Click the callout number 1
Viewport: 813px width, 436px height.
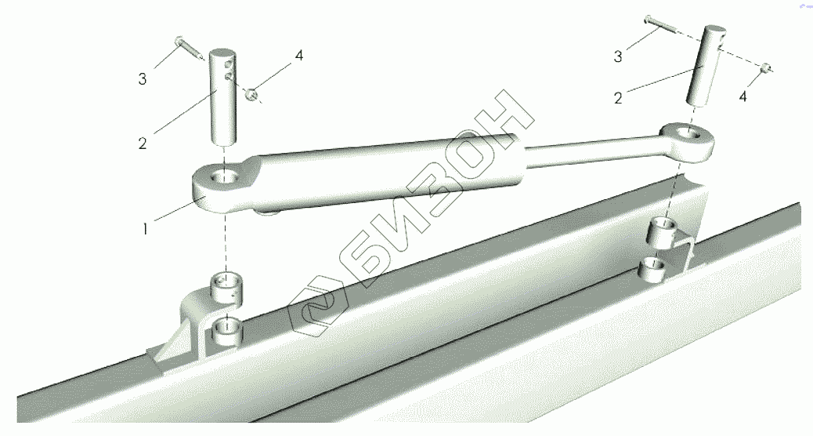click(x=145, y=228)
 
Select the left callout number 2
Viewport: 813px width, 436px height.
click(x=143, y=144)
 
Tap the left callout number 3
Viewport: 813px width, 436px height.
click(x=142, y=79)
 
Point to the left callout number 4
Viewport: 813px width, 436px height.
click(x=299, y=56)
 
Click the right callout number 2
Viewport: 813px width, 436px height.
click(x=617, y=97)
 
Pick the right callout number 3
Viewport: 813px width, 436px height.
click(x=617, y=56)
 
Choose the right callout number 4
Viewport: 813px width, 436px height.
click(x=743, y=96)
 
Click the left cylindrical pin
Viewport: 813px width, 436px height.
click(x=223, y=99)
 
